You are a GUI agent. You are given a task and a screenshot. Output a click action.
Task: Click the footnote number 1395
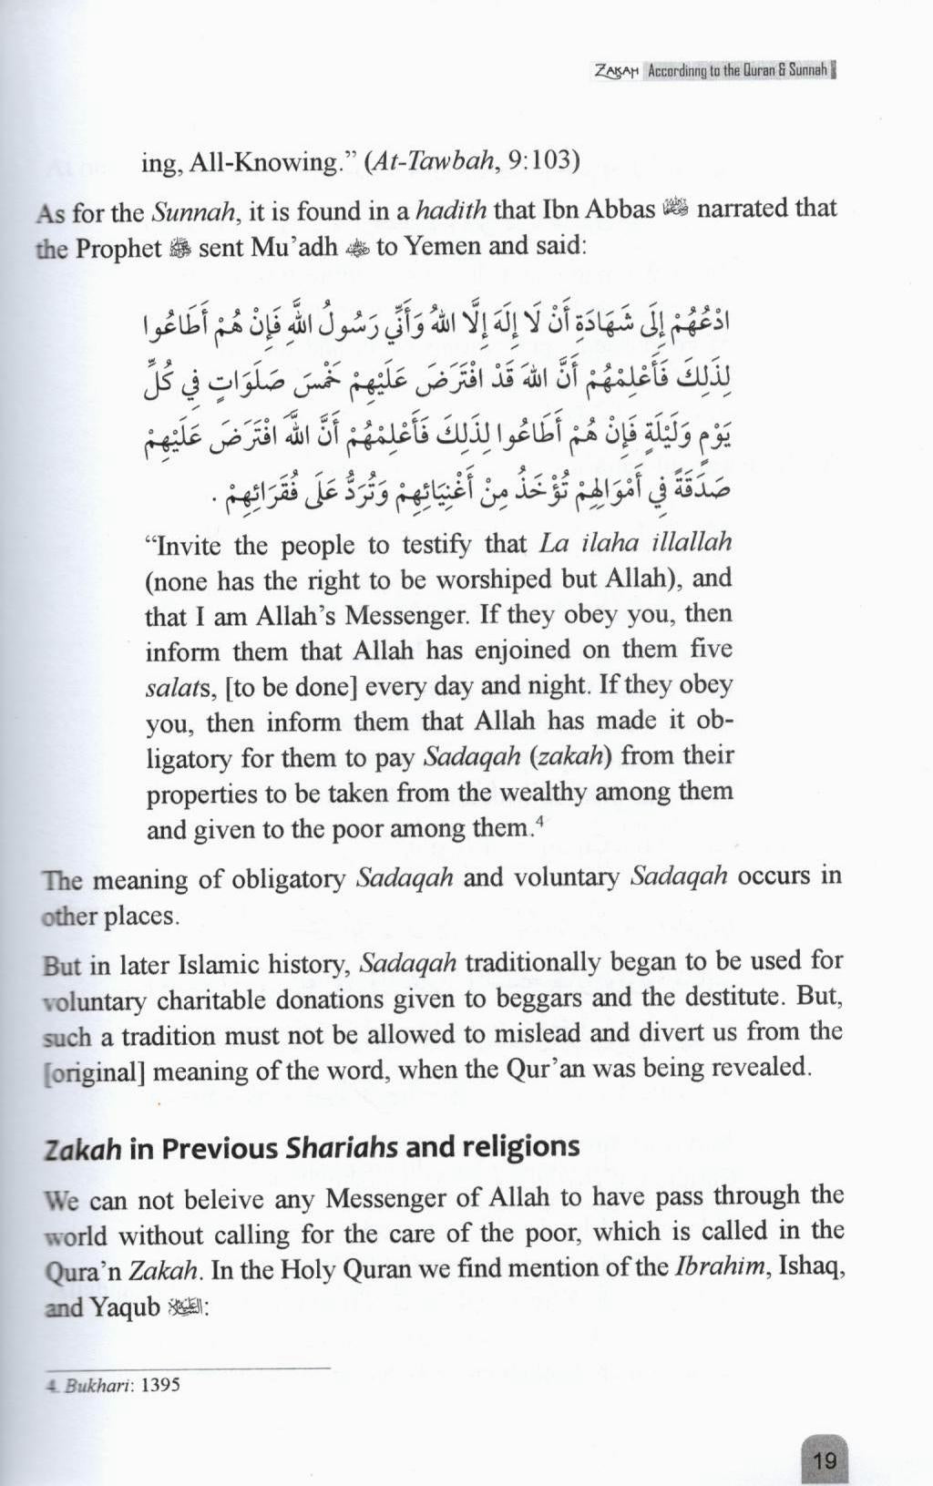(161, 1385)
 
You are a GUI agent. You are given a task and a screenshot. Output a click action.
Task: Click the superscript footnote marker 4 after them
(540, 823)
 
